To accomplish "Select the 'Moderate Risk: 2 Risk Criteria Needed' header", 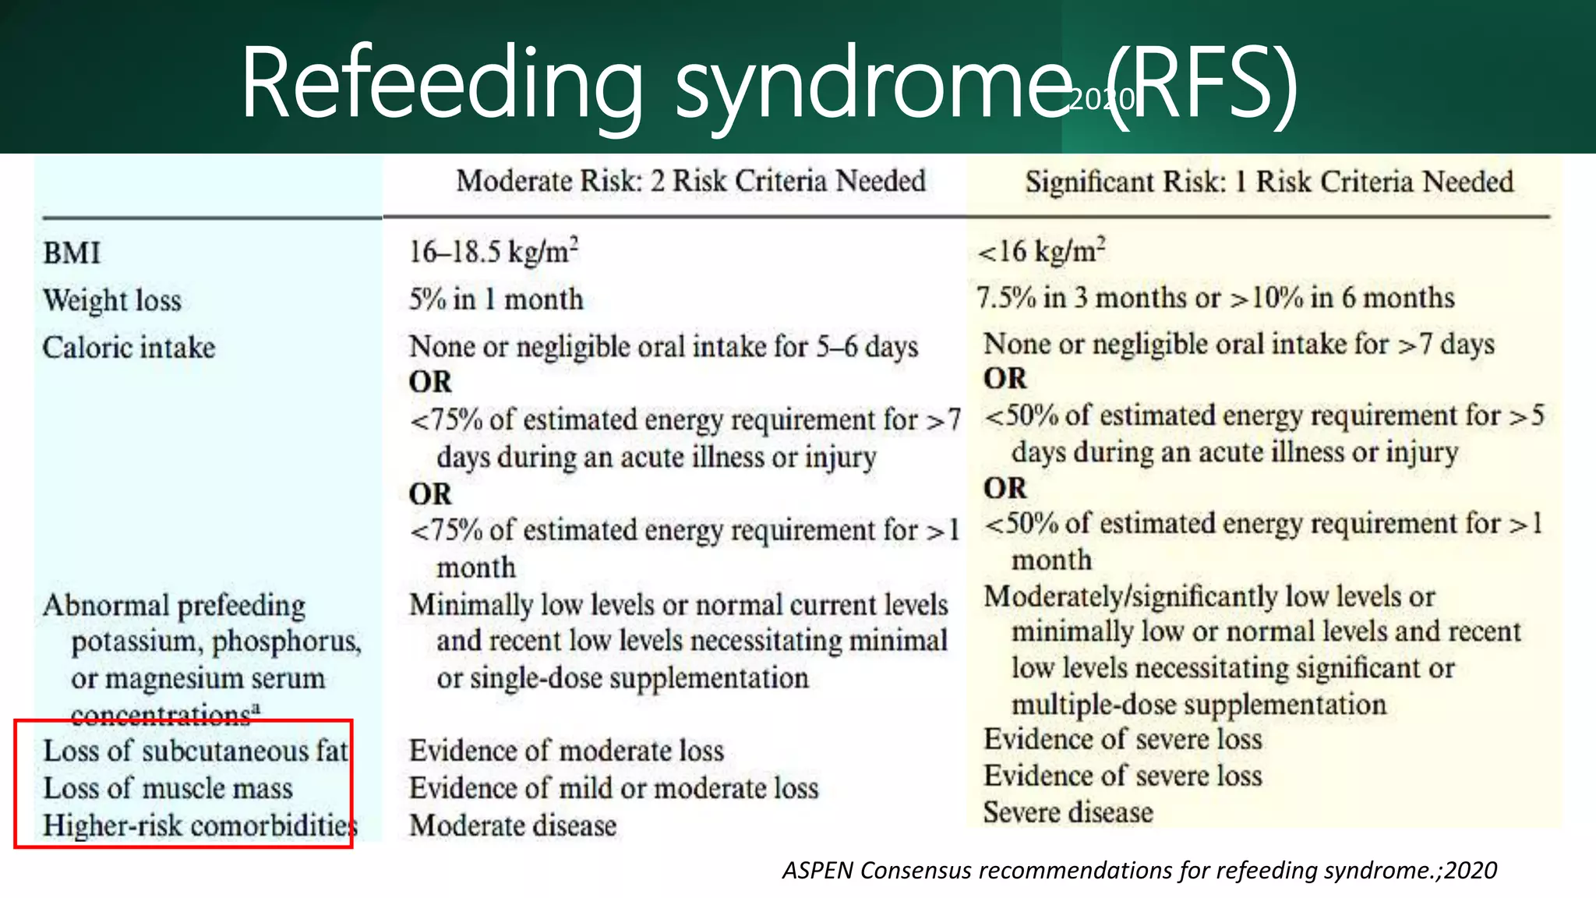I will pyautogui.click(x=690, y=181).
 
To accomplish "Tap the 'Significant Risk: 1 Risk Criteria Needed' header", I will pyautogui.click(x=1269, y=182).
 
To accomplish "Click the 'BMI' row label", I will pyautogui.click(x=72, y=253).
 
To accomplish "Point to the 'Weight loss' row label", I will pyautogui.click(x=112, y=300).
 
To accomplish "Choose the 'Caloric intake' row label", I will pyautogui.click(x=129, y=348).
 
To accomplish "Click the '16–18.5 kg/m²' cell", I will pyautogui.click(x=493, y=251).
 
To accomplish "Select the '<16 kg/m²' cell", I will pyautogui.click(x=1041, y=250).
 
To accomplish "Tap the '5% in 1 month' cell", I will pyautogui.click(x=496, y=299).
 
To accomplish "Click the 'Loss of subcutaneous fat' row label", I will pyautogui.click(x=196, y=751).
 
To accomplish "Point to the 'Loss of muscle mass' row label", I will pyautogui.click(x=168, y=788).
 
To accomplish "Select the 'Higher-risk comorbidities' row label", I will pyautogui.click(x=199, y=826).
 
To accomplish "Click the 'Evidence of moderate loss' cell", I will pyautogui.click(x=567, y=751).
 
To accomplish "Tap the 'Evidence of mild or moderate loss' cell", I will pyautogui.click(x=614, y=788).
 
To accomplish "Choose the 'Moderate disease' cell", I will pyautogui.click(x=513, y=826).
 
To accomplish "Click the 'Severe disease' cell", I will pyautogui.click(x=1068, y=812).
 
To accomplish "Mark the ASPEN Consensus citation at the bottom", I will pyautogui.click(x=1139, y=870).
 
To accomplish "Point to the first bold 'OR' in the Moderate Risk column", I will pyautogui.click(x=430, y=382).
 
